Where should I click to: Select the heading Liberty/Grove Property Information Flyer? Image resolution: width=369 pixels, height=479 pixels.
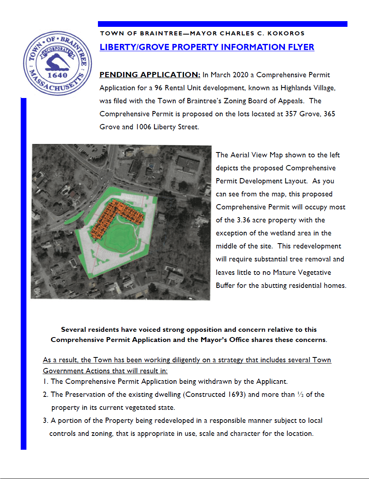tap(207, 47)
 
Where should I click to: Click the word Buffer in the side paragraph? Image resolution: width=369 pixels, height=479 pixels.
tap(226, 285)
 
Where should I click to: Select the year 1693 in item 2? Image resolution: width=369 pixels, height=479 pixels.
tap(236, 394)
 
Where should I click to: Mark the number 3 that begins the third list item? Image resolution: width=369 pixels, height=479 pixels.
tap(44, 420)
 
